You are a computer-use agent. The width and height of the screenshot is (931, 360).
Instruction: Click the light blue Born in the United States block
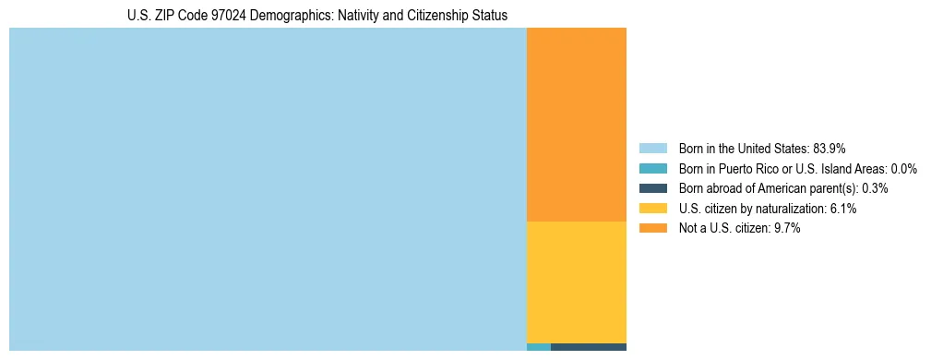click(268, 189)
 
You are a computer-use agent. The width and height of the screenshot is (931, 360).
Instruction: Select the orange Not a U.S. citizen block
click(576, 125)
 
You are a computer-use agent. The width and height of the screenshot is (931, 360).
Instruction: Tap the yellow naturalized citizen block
click(576, 282)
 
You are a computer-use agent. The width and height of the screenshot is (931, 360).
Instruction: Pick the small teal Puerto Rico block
click(538, 347)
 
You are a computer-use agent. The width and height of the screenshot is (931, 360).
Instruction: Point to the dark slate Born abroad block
click(589, 347)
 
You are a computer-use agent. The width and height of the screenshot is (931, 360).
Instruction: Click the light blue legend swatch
click(652, 148)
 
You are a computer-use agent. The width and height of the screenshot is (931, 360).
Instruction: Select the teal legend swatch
click(652, 168)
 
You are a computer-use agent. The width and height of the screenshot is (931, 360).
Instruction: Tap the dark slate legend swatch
click(652, 188)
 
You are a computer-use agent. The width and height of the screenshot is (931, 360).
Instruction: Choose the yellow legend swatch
click(652, 209)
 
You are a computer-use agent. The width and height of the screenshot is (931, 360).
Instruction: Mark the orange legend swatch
click(652, 229)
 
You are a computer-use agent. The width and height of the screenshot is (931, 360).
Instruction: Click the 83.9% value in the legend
click(830, 148)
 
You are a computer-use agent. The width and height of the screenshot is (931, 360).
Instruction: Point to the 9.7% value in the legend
click(785, 229)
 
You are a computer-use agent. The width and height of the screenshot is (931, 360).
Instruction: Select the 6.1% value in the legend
click(841, 209)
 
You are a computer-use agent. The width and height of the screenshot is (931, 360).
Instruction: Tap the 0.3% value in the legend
click(876, 188)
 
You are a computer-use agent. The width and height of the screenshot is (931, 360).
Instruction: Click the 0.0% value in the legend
click(903, 168)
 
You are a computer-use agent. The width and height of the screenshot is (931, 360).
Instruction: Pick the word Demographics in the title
click(289, 16)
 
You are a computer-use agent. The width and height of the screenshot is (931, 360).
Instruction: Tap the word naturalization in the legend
click(787, 209)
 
